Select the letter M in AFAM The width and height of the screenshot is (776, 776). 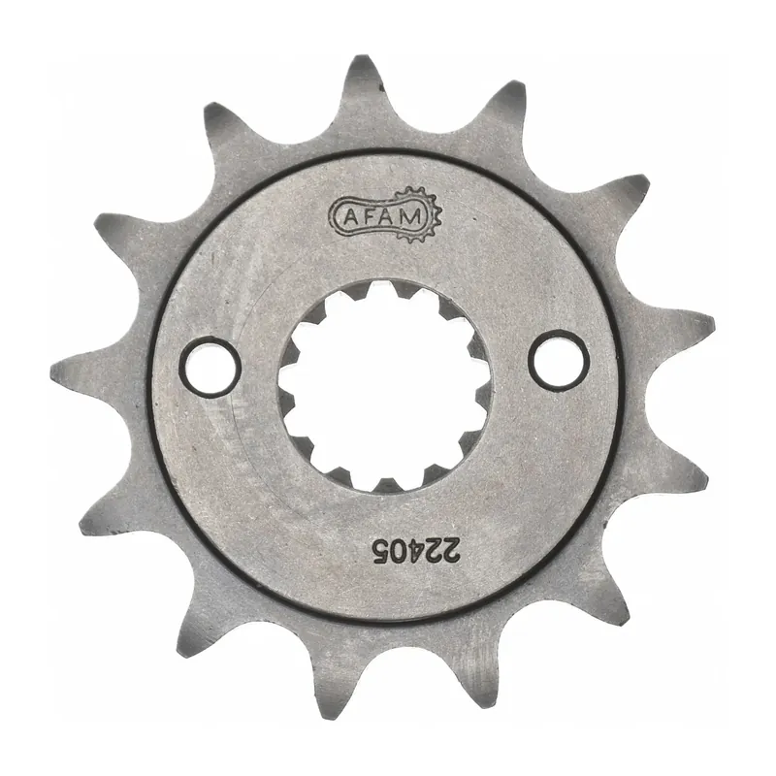[411, 216]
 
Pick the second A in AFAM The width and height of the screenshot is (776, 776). [390, 216]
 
